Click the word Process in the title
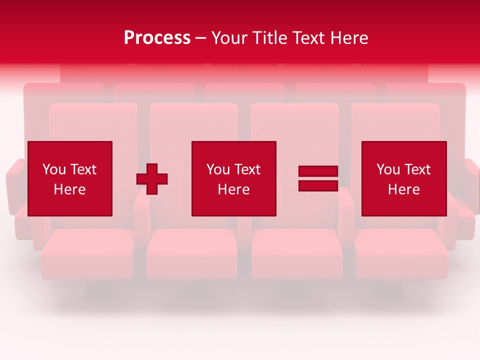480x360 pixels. coord(157,38)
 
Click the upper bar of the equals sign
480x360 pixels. coord(318,171)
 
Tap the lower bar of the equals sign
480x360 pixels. coord(318,185)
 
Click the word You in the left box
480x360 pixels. coord(54,169)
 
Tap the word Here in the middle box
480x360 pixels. coord(233,189)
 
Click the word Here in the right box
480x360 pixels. coord(403,189)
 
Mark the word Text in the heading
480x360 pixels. coord(307,38)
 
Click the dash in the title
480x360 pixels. coord(201,38)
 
